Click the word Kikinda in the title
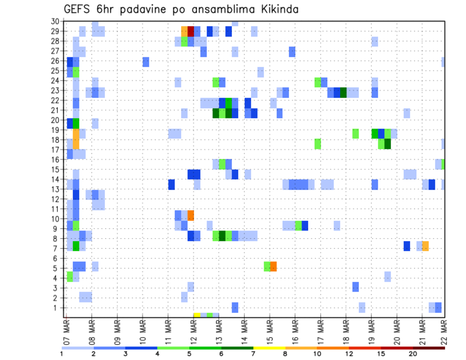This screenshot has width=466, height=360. tap(276, 9)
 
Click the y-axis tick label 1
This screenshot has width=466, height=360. tap(56, 308)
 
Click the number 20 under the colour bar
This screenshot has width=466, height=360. tap(413, 354)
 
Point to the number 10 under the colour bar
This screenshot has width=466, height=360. tap(317, 354)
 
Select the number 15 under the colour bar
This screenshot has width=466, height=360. tap(381, 354)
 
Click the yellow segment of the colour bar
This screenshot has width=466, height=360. tap(269, 348)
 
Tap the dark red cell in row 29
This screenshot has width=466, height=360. tap(191, 32)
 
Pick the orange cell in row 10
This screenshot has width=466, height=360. tap(191, 215)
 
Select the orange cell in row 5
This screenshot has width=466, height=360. tap(273, 266)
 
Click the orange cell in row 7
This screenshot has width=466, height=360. tap(425, 246)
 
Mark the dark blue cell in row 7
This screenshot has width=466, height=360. tap(407, 246)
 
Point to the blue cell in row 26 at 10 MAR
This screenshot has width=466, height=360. tap(146, 62)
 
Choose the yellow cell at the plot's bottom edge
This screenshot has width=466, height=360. tap(197, 315)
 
